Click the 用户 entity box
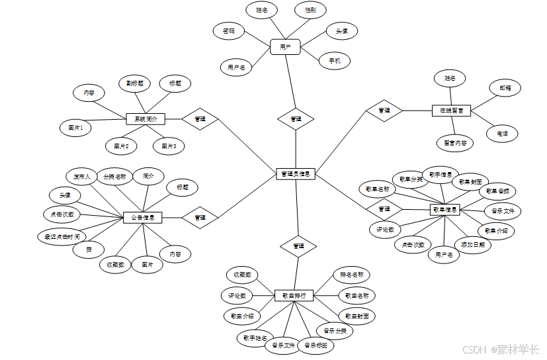[285, 47]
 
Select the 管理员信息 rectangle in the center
[295, 174]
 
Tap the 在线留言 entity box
[451, 111]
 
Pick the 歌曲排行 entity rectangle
[294, 295]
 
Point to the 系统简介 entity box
[145, 119]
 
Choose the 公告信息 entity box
[142, 217]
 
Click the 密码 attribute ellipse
[229, 30]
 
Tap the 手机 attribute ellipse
[334, 61]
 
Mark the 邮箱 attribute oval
[505, 87]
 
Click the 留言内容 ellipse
[454, 142]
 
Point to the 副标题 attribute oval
[136, 83]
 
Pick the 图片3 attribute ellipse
[169, 146]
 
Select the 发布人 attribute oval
[82, 177]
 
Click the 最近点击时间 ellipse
[62, 236]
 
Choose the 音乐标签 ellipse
[316, 345]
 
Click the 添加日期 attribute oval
[476, 244]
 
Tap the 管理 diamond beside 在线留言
[384, 111]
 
